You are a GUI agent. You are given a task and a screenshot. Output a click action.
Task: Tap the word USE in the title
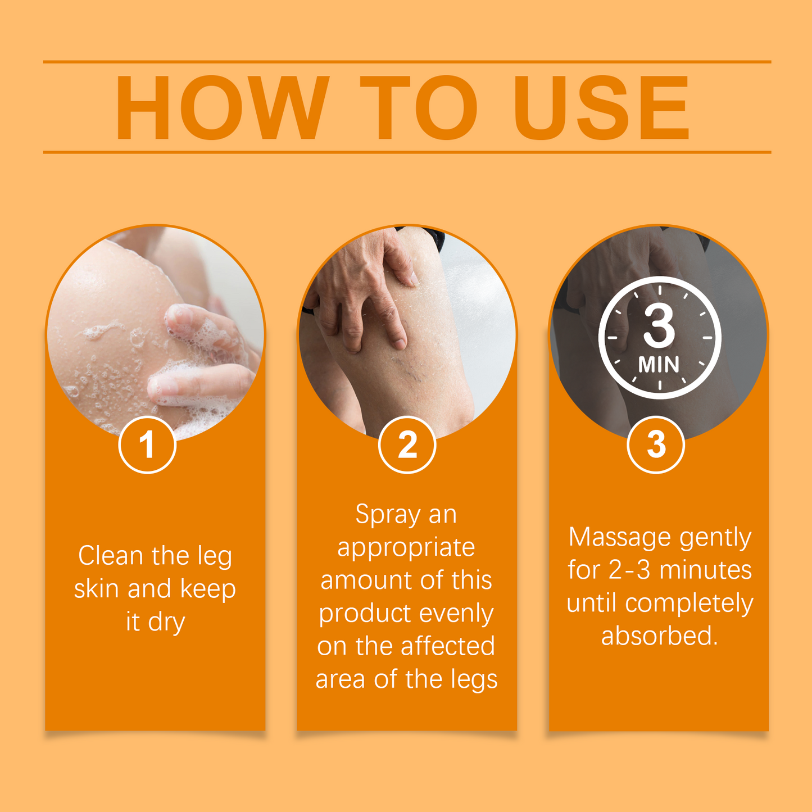(x=601, y=107)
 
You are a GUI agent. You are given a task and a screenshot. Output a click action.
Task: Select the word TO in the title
(x=419, y=107)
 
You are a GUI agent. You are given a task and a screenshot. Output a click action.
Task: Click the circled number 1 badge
(x=147, y=445)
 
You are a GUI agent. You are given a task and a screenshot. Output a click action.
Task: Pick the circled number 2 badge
(x=407, y=445)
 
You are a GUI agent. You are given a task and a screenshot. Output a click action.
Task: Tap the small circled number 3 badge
(x=656, y=445)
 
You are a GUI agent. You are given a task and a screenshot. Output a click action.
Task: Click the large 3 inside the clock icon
(x=659, y=327)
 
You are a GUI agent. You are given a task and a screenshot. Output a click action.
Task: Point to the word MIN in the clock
(x=659, y=365)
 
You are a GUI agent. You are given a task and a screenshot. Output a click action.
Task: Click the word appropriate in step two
(x=406, y=548)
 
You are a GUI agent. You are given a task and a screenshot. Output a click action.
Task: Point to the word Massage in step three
(x=620, y=538)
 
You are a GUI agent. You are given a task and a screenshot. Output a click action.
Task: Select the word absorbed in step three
(x=659, y=636)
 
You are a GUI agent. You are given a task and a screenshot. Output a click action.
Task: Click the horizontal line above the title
(x=407, y=62)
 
